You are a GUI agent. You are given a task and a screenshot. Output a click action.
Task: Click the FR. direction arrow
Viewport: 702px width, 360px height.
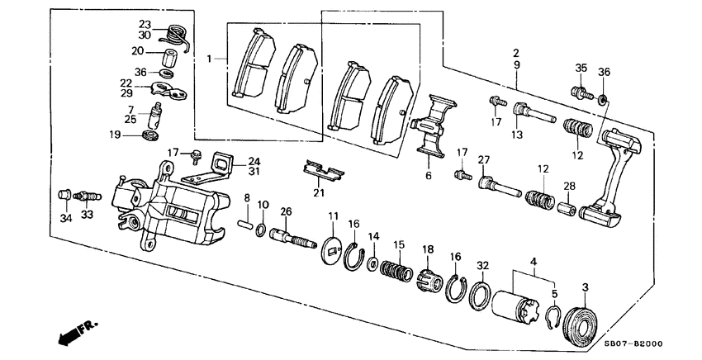click(x=78, y=332)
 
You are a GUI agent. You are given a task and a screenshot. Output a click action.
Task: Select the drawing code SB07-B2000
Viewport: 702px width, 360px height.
click(x=633, y=343)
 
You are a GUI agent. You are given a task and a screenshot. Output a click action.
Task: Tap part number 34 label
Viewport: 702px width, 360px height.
click(x=66, y=219)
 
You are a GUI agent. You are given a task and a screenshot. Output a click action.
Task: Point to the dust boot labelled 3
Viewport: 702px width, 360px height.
click(x=581, y=322)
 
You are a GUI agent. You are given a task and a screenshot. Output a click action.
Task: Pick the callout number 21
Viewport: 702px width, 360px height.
click(x=318, y=193)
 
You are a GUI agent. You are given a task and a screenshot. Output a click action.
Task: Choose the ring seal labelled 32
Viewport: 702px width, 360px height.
click(x=480, y=295)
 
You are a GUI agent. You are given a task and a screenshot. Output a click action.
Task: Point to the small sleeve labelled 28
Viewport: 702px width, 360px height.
click(x=567, y=207)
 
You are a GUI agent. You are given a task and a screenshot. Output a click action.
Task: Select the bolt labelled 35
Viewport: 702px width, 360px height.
click(x=582, y=93)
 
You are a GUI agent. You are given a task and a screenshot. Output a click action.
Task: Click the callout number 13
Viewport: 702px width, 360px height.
click(x=517, y=135)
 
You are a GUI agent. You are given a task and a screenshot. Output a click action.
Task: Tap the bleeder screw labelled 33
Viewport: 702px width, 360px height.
click(x=88, y=197)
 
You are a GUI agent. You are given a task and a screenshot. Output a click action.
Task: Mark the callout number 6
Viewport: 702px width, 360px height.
click(x=429, y=176)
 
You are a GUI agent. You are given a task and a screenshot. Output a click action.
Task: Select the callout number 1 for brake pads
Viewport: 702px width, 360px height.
click(x=209, y=59)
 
